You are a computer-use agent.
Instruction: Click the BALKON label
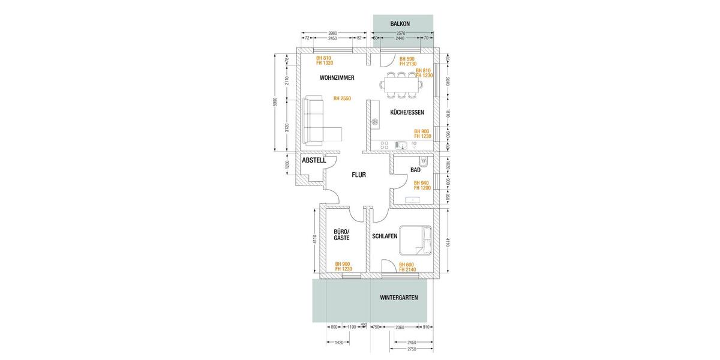(x=400, y=23)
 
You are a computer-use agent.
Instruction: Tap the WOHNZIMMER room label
(x=337, y=78)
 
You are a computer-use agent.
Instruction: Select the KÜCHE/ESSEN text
(x=407, y=112)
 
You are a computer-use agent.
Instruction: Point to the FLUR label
(x=359, y=175)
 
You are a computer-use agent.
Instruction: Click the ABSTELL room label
(x=314, y=161)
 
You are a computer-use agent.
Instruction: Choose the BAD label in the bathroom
(x=415, y=170)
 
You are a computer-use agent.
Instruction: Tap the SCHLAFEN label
(x=385, y=236)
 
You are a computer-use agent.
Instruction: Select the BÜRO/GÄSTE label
(x=341, y=235)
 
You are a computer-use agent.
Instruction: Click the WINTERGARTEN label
(x=399, y=298)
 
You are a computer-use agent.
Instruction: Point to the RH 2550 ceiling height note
(x=342, y=98)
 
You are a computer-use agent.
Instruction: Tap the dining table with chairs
(x=402, y=85)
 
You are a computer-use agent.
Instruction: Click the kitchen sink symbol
(x=401, y=145)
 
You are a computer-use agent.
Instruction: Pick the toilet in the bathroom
(x=424, y=161)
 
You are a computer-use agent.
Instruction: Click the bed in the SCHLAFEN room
(x=415, y=241)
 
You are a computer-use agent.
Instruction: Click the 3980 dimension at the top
(x=332, y=33)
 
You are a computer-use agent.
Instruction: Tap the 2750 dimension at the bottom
(x=412, y=349)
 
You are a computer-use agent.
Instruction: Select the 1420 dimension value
(x=338, y=343)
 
